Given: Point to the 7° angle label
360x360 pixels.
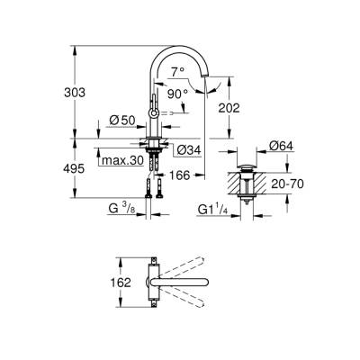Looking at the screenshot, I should click(179, 70).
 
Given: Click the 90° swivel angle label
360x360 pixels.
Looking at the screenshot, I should click(176, 93).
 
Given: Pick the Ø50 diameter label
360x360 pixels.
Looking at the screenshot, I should click(123, 121).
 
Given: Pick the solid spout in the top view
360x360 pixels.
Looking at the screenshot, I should click(189, 293).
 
